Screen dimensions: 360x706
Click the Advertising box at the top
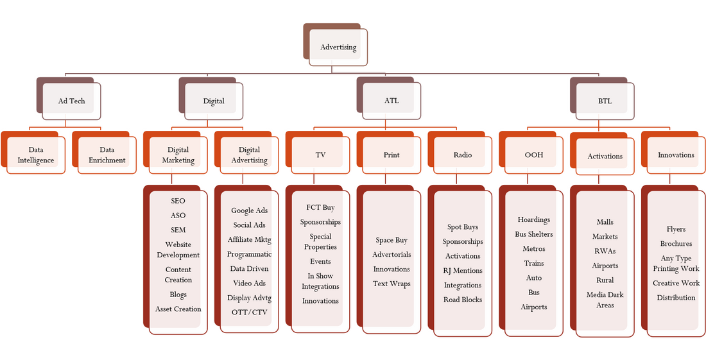(338, 47)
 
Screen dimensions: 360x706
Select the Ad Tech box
(71, 101)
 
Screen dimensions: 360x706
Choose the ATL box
(391, 101)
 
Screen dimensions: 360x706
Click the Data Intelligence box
(36, 155)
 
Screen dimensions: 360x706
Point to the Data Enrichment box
(107, 155)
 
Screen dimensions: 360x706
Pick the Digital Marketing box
(178, 155)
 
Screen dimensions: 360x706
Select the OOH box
(534, 155)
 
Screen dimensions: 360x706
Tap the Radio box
(463, 155)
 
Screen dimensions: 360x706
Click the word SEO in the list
(178, 201)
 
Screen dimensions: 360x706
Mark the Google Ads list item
(249, 210)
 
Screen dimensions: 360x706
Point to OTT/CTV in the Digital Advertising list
(249, 313)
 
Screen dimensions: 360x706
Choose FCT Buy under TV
(320, 207)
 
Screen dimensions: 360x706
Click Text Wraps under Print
(392, 284)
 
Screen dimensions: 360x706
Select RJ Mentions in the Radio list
(463, 271)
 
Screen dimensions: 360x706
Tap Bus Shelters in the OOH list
(534, 234)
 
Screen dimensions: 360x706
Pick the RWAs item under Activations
(605, 251)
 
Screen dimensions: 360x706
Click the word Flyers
(676, 229)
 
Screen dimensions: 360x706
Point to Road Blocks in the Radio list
(463, 300)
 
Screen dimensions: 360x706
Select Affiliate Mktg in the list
(249, 239)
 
